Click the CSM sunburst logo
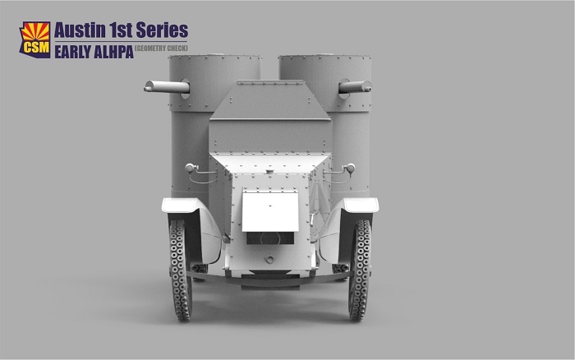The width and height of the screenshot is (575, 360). point(34,39)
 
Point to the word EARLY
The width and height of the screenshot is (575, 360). point(72,52)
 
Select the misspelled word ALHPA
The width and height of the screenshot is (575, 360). point(113,52)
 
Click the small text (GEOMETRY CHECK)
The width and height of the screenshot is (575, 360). point(161,48)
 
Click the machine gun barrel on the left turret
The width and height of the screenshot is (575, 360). point(167,87)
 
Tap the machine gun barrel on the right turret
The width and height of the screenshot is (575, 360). point(355,87)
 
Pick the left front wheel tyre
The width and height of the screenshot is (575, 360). point(180,270)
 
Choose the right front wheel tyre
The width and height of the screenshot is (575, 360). point(360,270)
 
